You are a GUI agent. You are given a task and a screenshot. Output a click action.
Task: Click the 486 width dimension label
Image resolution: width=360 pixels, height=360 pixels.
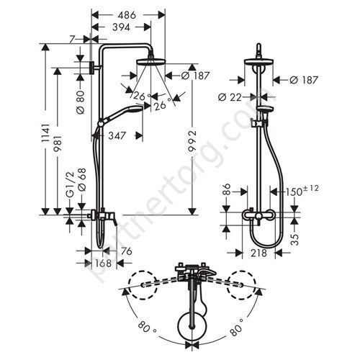[127, 15]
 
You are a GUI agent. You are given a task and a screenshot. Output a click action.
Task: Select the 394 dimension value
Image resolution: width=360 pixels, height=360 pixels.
[121, 27]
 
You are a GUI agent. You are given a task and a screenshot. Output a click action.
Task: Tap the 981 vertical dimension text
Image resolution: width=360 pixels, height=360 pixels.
[58, 143]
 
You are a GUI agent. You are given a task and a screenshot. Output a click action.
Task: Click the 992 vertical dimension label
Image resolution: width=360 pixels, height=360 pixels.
[192, 141]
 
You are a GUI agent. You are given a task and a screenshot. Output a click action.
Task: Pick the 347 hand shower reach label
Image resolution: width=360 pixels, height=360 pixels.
[117, 135]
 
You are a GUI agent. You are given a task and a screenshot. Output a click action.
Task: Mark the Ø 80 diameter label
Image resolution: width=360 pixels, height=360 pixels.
[81, 102]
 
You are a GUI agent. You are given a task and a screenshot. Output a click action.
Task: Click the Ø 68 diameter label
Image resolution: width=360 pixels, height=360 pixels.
[81, 179]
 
